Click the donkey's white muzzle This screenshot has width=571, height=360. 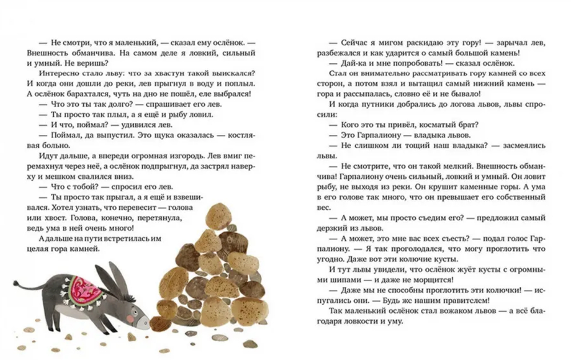pyautogui.click(x=146, y=324)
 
